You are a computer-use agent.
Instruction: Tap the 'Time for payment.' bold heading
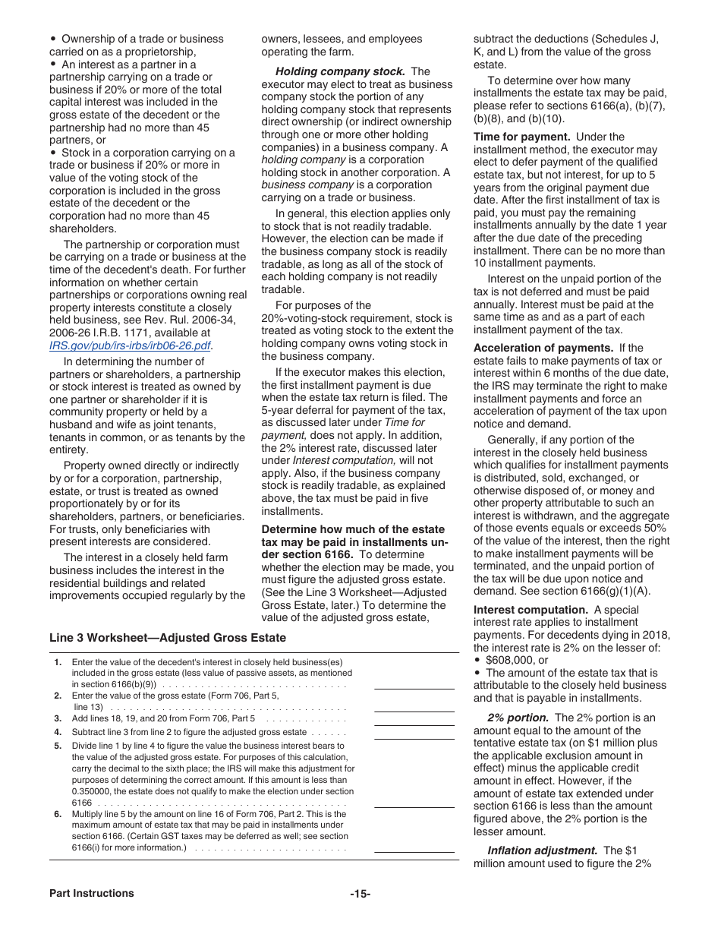coord(521,137)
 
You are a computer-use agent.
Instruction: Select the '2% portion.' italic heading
coord(518,718)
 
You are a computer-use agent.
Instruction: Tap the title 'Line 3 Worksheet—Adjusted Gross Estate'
coord(145,638)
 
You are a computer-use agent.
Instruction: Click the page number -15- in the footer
coord(360,894)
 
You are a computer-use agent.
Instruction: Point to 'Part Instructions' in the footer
coord(92,893)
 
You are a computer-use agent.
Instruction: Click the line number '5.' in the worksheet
coord(58,746)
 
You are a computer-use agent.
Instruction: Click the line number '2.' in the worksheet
coord(58,696)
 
